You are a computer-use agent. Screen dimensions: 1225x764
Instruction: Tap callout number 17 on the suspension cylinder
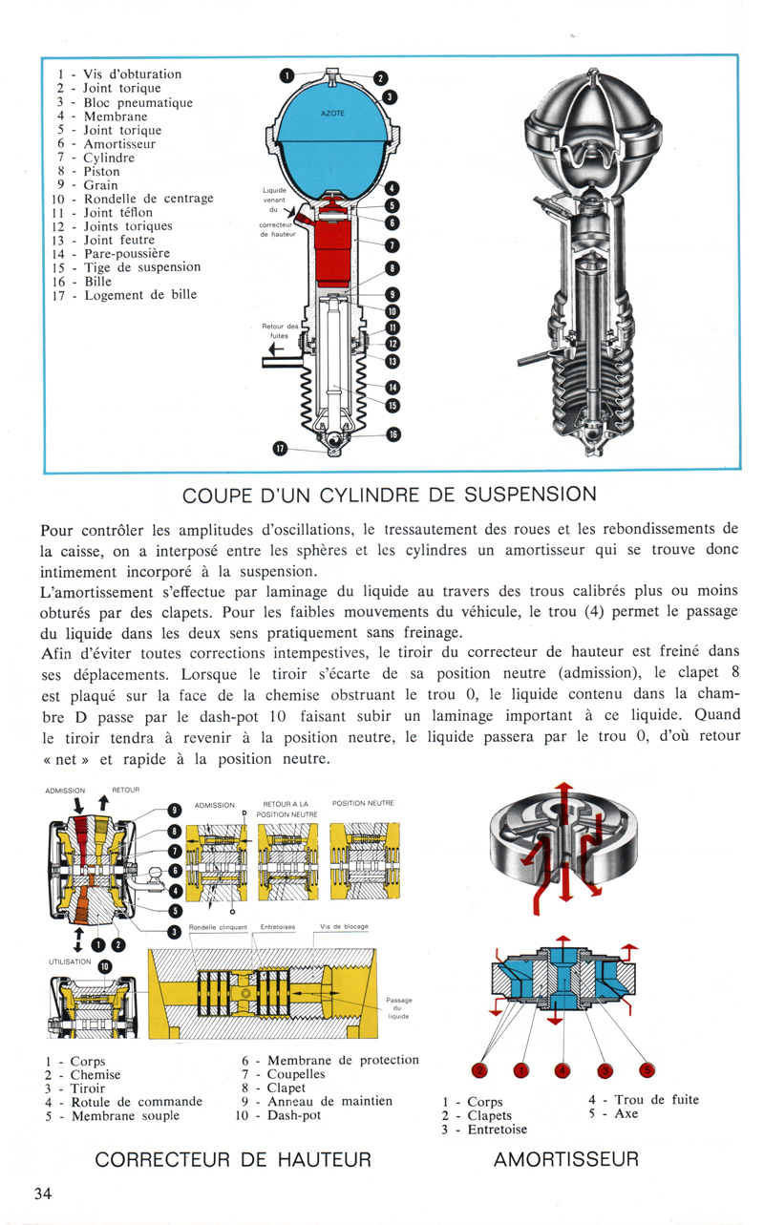click(280, 447)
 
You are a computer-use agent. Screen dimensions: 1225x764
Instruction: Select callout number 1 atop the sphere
click(286, 74)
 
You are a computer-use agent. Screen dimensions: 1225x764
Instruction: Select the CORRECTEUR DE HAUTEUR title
click(234, 1160)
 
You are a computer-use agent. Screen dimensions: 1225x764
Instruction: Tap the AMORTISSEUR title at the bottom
click(566, 1160)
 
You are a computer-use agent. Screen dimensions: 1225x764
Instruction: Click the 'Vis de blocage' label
click(345, 927)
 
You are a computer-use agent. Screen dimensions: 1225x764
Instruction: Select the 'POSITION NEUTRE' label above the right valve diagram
click(363, 803)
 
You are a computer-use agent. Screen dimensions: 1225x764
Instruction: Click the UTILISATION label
click(69, 964)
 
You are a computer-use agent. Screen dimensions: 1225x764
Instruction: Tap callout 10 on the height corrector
click(105, 965)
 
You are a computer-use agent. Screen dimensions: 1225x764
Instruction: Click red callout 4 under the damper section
click(563, 1071)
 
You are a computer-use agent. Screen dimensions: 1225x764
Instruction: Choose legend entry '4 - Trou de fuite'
click(643, 1100)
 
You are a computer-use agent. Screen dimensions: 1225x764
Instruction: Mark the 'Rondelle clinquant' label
click(219, 927)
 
